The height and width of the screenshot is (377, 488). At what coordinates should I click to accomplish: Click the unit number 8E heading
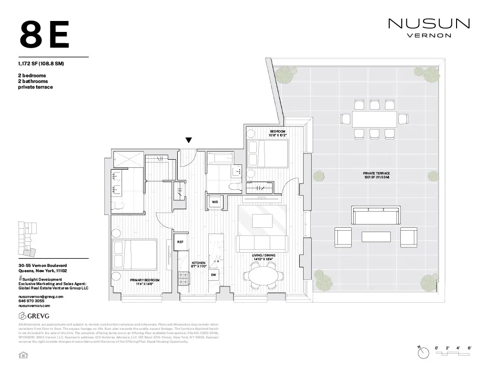(45, 35)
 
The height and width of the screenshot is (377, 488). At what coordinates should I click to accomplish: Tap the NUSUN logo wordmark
(429, 23)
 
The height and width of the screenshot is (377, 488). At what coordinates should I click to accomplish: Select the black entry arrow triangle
(189, 140)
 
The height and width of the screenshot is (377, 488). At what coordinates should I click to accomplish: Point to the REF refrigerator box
(180, 242)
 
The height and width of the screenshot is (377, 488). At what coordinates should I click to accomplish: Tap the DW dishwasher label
(213, 275)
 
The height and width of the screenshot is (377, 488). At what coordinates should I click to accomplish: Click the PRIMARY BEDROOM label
(144, 282)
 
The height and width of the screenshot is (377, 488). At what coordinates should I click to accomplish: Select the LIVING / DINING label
(264, 257)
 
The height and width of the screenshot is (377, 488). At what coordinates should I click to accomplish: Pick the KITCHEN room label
(198, 265)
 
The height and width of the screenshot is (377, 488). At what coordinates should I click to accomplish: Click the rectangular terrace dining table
(375, 118)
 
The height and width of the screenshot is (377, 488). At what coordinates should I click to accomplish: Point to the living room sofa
(263, 244)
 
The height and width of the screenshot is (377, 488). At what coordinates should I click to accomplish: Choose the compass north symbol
(423, 352)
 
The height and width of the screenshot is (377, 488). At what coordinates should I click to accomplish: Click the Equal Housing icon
(21, 355)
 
